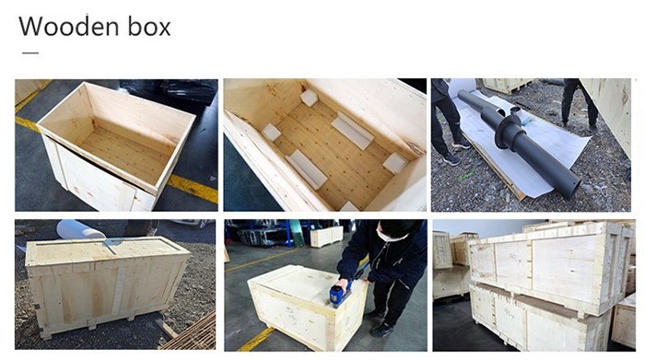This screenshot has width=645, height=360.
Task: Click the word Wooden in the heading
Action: coord(69,27)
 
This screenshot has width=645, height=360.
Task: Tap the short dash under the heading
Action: coord(30,52)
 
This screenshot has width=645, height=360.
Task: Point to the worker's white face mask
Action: coord(388,236)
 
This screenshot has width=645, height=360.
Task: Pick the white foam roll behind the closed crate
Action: coord(81,229)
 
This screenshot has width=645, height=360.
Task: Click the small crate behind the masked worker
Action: coord(326,237)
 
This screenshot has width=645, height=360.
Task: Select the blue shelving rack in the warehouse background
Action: coord(264,233)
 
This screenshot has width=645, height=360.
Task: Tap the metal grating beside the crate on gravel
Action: coord(193,333)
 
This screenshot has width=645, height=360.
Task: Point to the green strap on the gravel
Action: coord(464,176)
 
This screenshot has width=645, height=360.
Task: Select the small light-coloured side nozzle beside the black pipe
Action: coord(515,110)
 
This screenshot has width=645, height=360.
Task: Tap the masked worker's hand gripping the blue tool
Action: coord(342,285)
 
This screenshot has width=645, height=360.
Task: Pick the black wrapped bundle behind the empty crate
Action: coord(181,91)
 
